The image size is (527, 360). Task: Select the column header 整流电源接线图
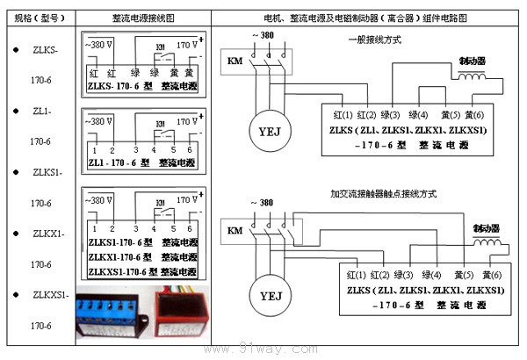[142, 18]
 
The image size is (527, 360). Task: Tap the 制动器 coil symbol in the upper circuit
[473, 76]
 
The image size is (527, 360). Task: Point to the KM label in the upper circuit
[235, 61]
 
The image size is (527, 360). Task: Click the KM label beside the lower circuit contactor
[235, 230]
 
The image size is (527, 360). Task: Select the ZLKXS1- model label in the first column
[50, 295]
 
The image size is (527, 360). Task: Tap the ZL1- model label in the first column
[43, 111]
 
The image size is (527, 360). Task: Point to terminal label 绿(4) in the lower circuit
[430, 275]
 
